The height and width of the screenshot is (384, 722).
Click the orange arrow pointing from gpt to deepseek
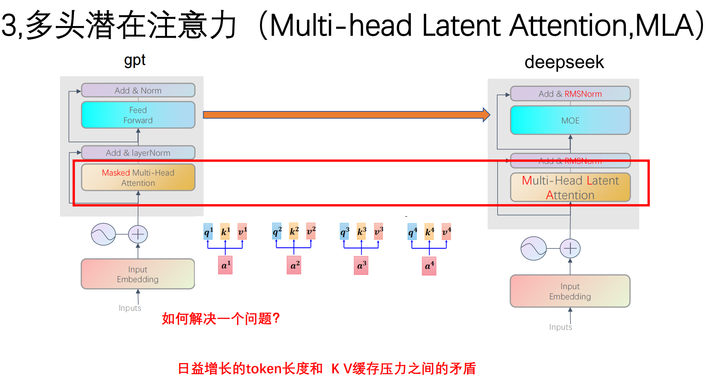click(344, 115)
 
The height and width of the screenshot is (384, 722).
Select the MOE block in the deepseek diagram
click(570, 121)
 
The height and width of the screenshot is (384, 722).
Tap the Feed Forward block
click(138, 115)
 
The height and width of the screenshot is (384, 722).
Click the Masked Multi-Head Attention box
click(138, 178)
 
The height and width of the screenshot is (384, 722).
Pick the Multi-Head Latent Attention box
click(570, 188)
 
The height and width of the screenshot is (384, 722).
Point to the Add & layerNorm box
click(138, 153)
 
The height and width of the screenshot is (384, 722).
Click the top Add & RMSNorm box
click(570, 94)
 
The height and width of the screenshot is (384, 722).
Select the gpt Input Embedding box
click(138, 274)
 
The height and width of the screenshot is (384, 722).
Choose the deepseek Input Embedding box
click(570, 291)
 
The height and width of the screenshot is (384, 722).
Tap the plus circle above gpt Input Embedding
click(138, 234)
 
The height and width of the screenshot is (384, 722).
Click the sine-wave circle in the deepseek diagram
click(533, 248)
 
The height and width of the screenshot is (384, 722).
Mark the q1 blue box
click(208, 232)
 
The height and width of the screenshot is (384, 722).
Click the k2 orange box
click(294, 231)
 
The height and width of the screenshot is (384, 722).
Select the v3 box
click(379, 232)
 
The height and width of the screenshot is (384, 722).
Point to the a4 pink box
click(429, 266)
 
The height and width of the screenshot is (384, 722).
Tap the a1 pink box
click(225, 265)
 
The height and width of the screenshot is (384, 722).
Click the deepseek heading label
click(564, 62)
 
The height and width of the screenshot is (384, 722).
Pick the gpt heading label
click(135, 60)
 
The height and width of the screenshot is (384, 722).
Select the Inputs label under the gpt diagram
click(130, 308)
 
